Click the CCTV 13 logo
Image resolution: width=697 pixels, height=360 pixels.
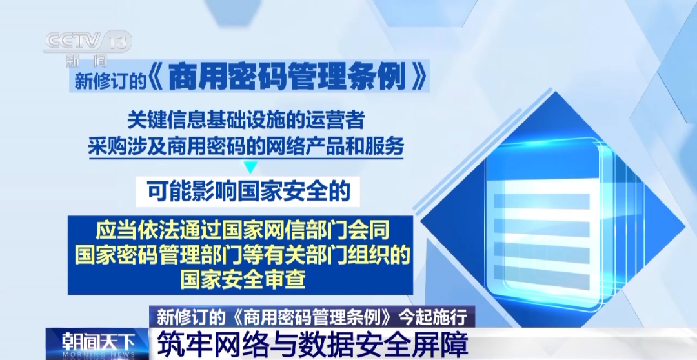coord(88,41)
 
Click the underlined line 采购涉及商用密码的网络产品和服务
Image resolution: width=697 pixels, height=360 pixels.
coord(246,146)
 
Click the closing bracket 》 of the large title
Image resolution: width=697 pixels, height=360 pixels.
coord(420,79)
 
